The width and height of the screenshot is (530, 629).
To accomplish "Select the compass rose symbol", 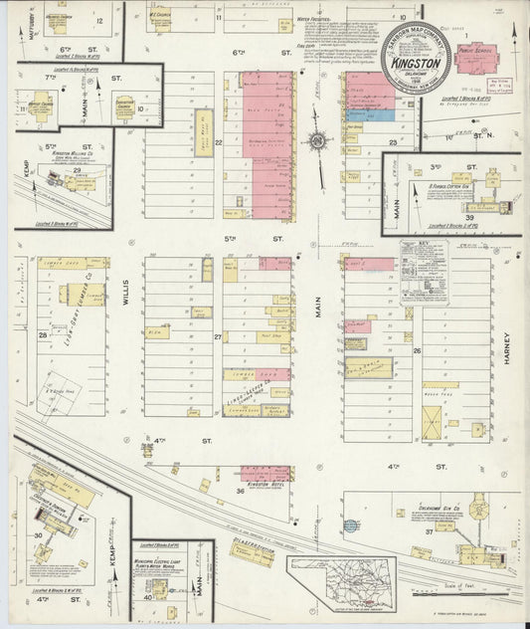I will point(317,141).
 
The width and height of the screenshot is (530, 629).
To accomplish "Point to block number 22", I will point(218,142).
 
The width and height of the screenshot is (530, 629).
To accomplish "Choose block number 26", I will point(418,350).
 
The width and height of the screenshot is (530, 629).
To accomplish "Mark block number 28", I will point(43,335).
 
